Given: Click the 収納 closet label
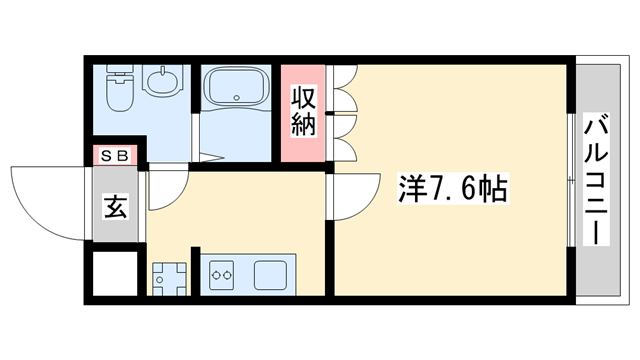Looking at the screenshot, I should [x=303, y=111].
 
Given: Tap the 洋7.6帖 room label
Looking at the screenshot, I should [x=450, y=187].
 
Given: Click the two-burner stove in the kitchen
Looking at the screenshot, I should [x=221, y=273].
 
